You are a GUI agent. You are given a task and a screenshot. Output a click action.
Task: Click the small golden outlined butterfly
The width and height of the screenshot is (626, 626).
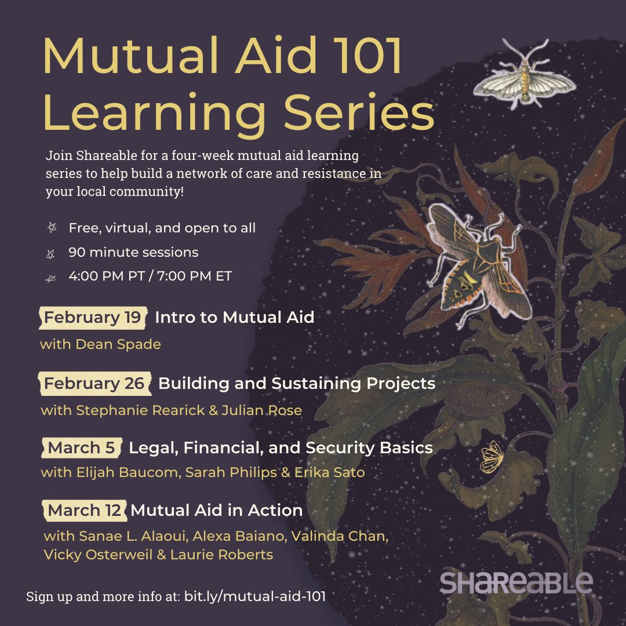[492, 456]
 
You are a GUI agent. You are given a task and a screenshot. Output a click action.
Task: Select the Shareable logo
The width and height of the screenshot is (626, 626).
[516, 582]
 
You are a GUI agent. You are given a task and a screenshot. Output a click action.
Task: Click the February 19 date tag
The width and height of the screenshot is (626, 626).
[93, 318]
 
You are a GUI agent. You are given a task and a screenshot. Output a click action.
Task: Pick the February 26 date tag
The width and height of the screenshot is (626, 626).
[94, 384]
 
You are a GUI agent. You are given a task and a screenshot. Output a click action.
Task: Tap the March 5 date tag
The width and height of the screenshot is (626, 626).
[82, 448]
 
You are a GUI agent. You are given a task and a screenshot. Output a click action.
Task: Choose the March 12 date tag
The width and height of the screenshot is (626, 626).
[85, 511]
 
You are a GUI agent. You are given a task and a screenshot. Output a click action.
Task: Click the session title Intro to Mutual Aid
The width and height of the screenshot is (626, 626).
[234, 318]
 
